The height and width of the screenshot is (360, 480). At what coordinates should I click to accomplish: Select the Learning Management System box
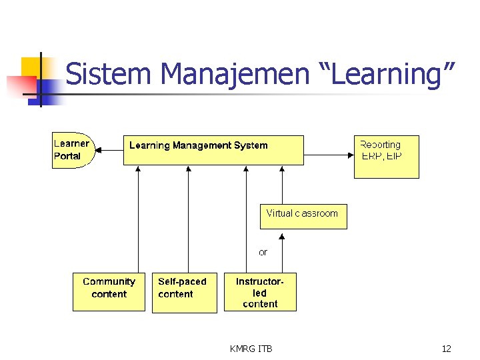[213, 151]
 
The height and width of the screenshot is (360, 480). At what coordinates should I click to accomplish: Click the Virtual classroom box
[303, 217]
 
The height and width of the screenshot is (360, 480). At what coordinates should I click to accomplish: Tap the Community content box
[109, 291]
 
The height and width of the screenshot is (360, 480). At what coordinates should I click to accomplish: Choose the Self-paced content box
[184, 291]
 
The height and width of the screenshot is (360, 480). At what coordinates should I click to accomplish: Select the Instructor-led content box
[260, 291]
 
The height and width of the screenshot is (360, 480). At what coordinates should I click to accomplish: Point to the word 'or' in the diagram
[263, 253]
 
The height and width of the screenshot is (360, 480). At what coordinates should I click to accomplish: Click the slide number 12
[446, 349]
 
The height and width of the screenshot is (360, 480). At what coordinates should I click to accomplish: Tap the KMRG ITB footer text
[251, 349]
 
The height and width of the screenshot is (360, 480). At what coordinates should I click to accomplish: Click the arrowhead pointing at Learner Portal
[99, 150]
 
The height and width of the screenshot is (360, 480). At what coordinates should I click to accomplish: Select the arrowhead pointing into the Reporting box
[349, 155]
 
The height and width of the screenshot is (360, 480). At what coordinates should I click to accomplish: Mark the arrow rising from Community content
[139, 220]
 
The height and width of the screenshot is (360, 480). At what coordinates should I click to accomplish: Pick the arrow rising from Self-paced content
[189, 220]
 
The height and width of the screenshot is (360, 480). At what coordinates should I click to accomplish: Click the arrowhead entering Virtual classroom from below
[283, 236]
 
